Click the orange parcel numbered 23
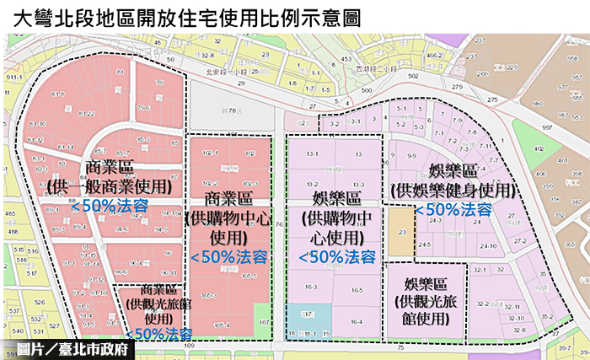pyautogui.click(x=402, y=230)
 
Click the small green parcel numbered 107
pyautogui.click(x=263, y=321)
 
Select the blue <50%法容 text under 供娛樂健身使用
pyautogui.click(x=452, y=208)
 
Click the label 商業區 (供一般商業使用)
pyautogui.click(x=110, y=175)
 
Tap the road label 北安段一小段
pyautogui.click(x=227, y=71)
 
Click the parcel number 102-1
pyautogui.click(x=210, y=153)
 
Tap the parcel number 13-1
pyautogui.click(x=312, y=153)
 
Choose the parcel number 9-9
pyautogui.click(x=412, y=156)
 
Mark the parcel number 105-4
pyautogui.click(x=222, y=325)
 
